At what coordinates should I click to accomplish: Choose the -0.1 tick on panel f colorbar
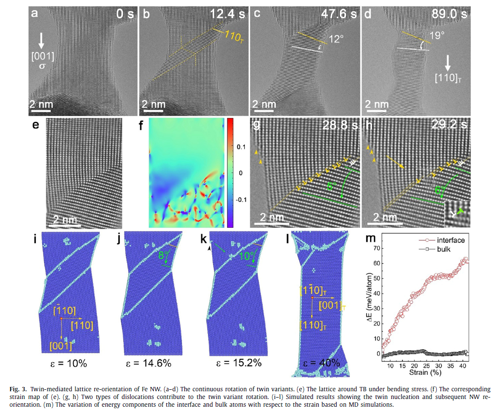(x=238, y=199)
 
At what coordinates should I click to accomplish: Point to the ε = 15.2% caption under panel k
(x=236, y=363)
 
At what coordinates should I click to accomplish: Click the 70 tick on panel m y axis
(x=378, y=248)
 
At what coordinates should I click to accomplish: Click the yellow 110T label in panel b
(x=234, y=34)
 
